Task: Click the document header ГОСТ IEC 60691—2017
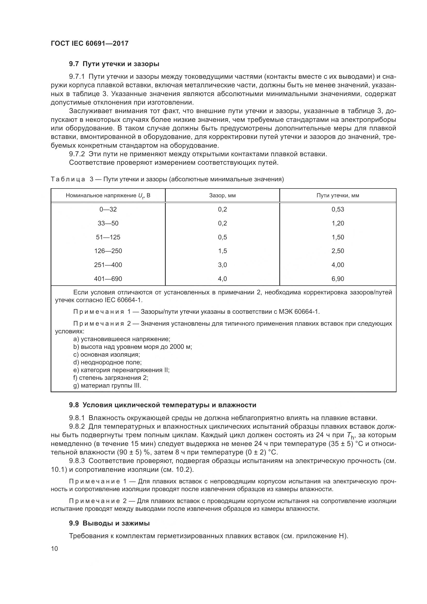(90, 43)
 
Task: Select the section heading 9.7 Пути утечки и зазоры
(114, 64)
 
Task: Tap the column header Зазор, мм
(222, 195)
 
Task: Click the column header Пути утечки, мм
(338, 195)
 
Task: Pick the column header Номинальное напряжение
(108, 195)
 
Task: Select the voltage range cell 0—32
(108, 209)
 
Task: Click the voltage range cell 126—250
(108, 251)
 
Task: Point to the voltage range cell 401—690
(108, 279)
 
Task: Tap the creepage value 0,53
(338, 209)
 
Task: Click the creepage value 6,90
(338, 279)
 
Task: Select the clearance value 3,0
(222, 265)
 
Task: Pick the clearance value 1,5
(222, 251)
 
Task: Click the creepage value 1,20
(338, 223)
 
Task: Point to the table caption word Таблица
(68, 179)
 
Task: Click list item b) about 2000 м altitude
(132, 347)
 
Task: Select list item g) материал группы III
(107, 386)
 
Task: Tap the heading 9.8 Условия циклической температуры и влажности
(162, 405)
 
